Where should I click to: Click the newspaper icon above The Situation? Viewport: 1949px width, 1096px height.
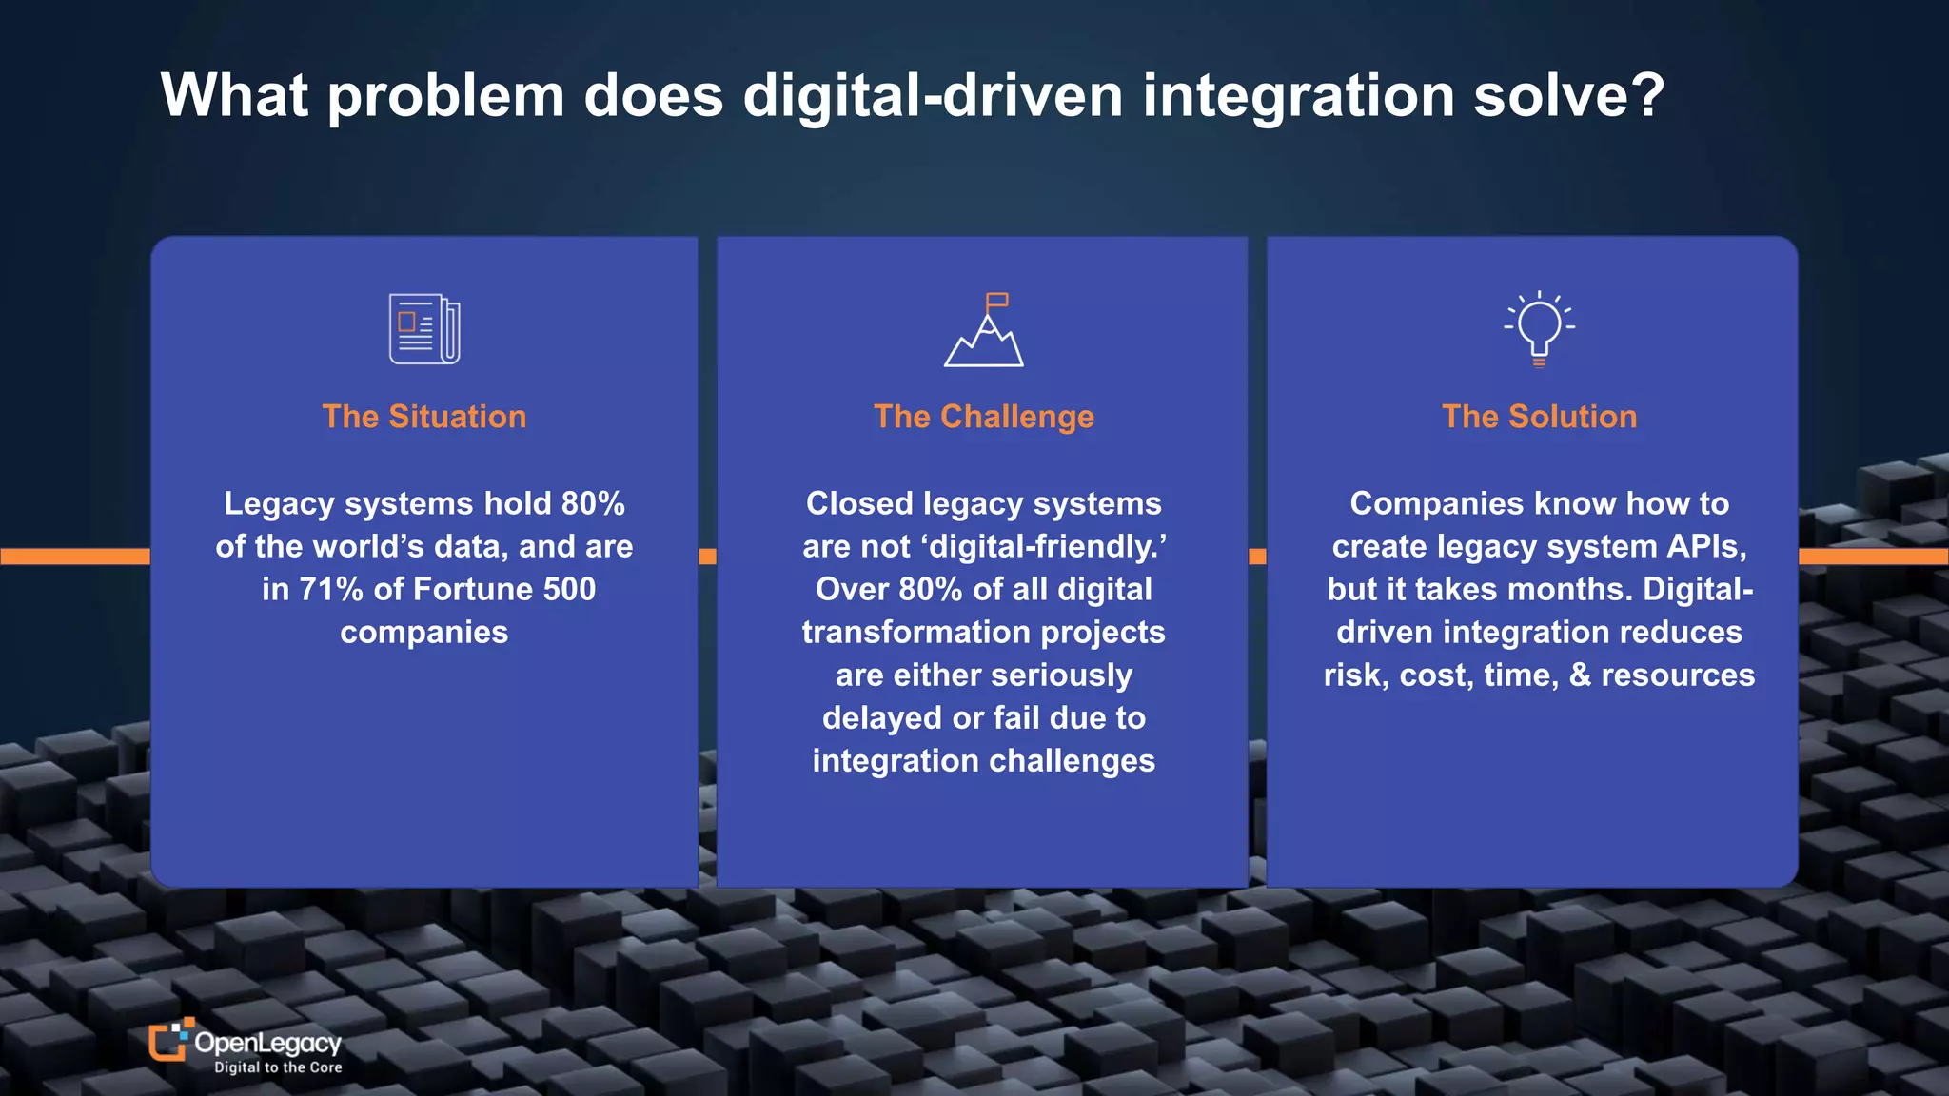click(x=424, y=329)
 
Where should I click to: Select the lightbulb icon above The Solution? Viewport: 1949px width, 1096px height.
click(x=1539, y=328)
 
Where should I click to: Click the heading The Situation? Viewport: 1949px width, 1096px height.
click(x=424, y=417)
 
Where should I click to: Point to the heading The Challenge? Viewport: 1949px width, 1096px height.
click(x=984, y=417)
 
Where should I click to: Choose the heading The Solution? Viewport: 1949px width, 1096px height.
click(x=1539, y=417)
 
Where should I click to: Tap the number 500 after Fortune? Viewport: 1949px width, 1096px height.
click(x=569, y=590)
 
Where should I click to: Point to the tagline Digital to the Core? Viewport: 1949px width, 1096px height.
click(x=278, y=1067)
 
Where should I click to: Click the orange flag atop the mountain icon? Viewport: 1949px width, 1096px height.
click(x=996, y=301)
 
